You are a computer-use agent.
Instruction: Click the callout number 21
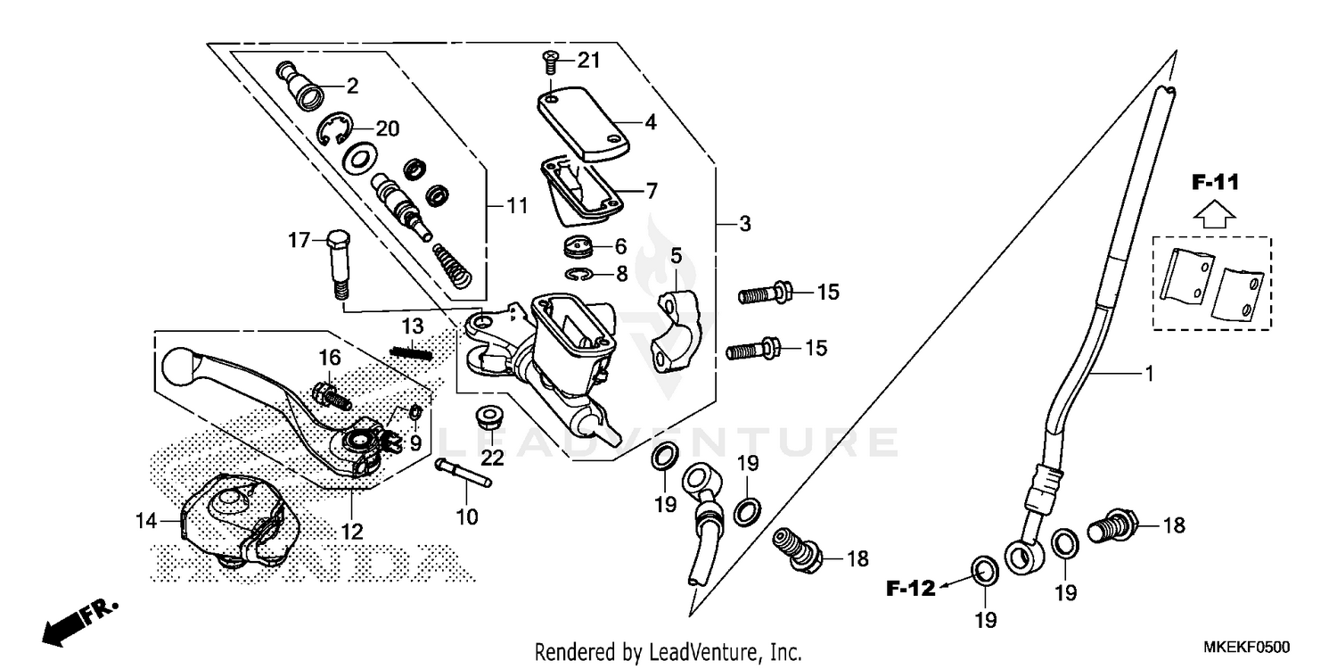pyautogui.click(x=589, y=61)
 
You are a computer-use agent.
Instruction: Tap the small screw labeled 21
pyautogui.click(x=551, y=63)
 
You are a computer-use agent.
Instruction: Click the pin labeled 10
pyautogui.click(x=463, y=474)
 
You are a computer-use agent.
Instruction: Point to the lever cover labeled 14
pyautogui.click(x=234, y=523)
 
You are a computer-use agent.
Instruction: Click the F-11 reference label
pyautogui.click(x=1216, y=183)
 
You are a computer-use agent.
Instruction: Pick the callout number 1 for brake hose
pyautogui.click(x=1150, y=375)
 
